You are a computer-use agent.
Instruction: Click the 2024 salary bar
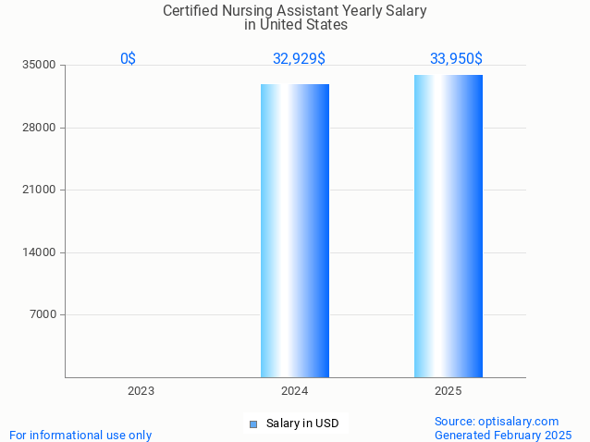point(294,230)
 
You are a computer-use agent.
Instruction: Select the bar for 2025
point(448,226)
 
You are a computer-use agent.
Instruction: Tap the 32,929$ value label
point(299,59)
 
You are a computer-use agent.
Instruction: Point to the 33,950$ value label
point(456,59)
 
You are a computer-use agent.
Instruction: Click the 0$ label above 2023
point(128,59)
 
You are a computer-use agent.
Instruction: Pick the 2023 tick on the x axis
point(141,391)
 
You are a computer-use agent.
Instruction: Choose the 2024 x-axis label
point(294,391)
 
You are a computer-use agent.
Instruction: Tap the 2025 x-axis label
point(448,391)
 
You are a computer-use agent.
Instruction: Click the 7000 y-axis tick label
point(44,314)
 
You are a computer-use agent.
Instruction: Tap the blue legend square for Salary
point(252,424)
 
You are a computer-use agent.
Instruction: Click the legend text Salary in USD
point(302,424)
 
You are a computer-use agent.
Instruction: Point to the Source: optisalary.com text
point(497,421)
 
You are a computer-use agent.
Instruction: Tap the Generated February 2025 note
point(503,435)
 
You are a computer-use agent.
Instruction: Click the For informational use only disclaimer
point(80,435)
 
